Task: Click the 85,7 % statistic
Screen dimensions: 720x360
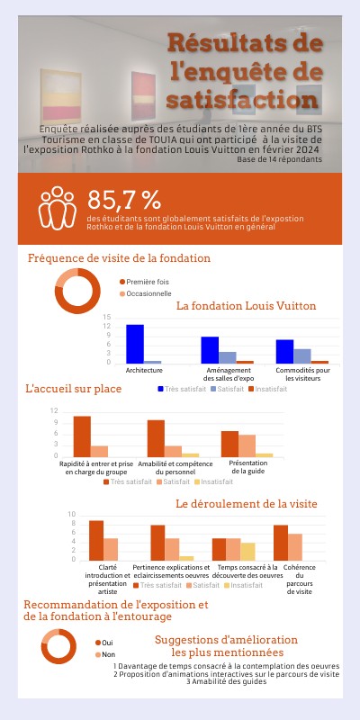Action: click(124, 200)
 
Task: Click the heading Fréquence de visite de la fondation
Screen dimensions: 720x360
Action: click(119, 258)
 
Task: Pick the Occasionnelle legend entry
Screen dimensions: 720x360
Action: click(148, 293)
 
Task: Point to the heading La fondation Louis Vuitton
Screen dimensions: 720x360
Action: click(246, 306)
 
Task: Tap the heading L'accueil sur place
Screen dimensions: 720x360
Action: click(73, 389)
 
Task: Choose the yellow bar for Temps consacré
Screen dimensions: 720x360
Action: click(247, 551)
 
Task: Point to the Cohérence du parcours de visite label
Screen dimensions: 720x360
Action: click(305, 580)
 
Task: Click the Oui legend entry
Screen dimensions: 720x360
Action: click(107, 642)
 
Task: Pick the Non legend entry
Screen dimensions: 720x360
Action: click(108, 653)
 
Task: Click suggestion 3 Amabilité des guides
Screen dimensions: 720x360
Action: click(226, 682)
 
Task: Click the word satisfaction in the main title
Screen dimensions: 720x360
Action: click(243, 97)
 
